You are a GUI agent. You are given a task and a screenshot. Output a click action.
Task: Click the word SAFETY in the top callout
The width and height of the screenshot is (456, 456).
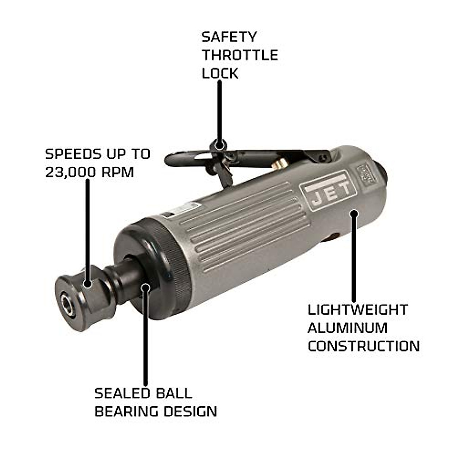click(229, 37)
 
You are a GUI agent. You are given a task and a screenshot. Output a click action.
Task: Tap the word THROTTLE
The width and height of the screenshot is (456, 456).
click(240, 55)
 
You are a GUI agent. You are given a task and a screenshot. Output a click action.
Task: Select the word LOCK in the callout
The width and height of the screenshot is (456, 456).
click(220, 73)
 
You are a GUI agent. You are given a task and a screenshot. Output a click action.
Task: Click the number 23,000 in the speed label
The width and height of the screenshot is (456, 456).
click(71, 172)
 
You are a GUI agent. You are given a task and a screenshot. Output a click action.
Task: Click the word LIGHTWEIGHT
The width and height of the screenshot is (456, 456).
click(358, 310)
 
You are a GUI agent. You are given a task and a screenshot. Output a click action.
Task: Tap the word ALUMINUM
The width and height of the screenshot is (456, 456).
click(347, 328)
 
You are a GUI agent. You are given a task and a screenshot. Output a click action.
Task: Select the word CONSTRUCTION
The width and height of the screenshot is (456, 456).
click(364, 346)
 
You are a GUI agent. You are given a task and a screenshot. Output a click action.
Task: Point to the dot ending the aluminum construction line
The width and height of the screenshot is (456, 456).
click(354, 213)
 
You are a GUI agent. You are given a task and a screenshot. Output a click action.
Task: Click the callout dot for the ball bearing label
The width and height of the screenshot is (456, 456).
click(146, 288)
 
